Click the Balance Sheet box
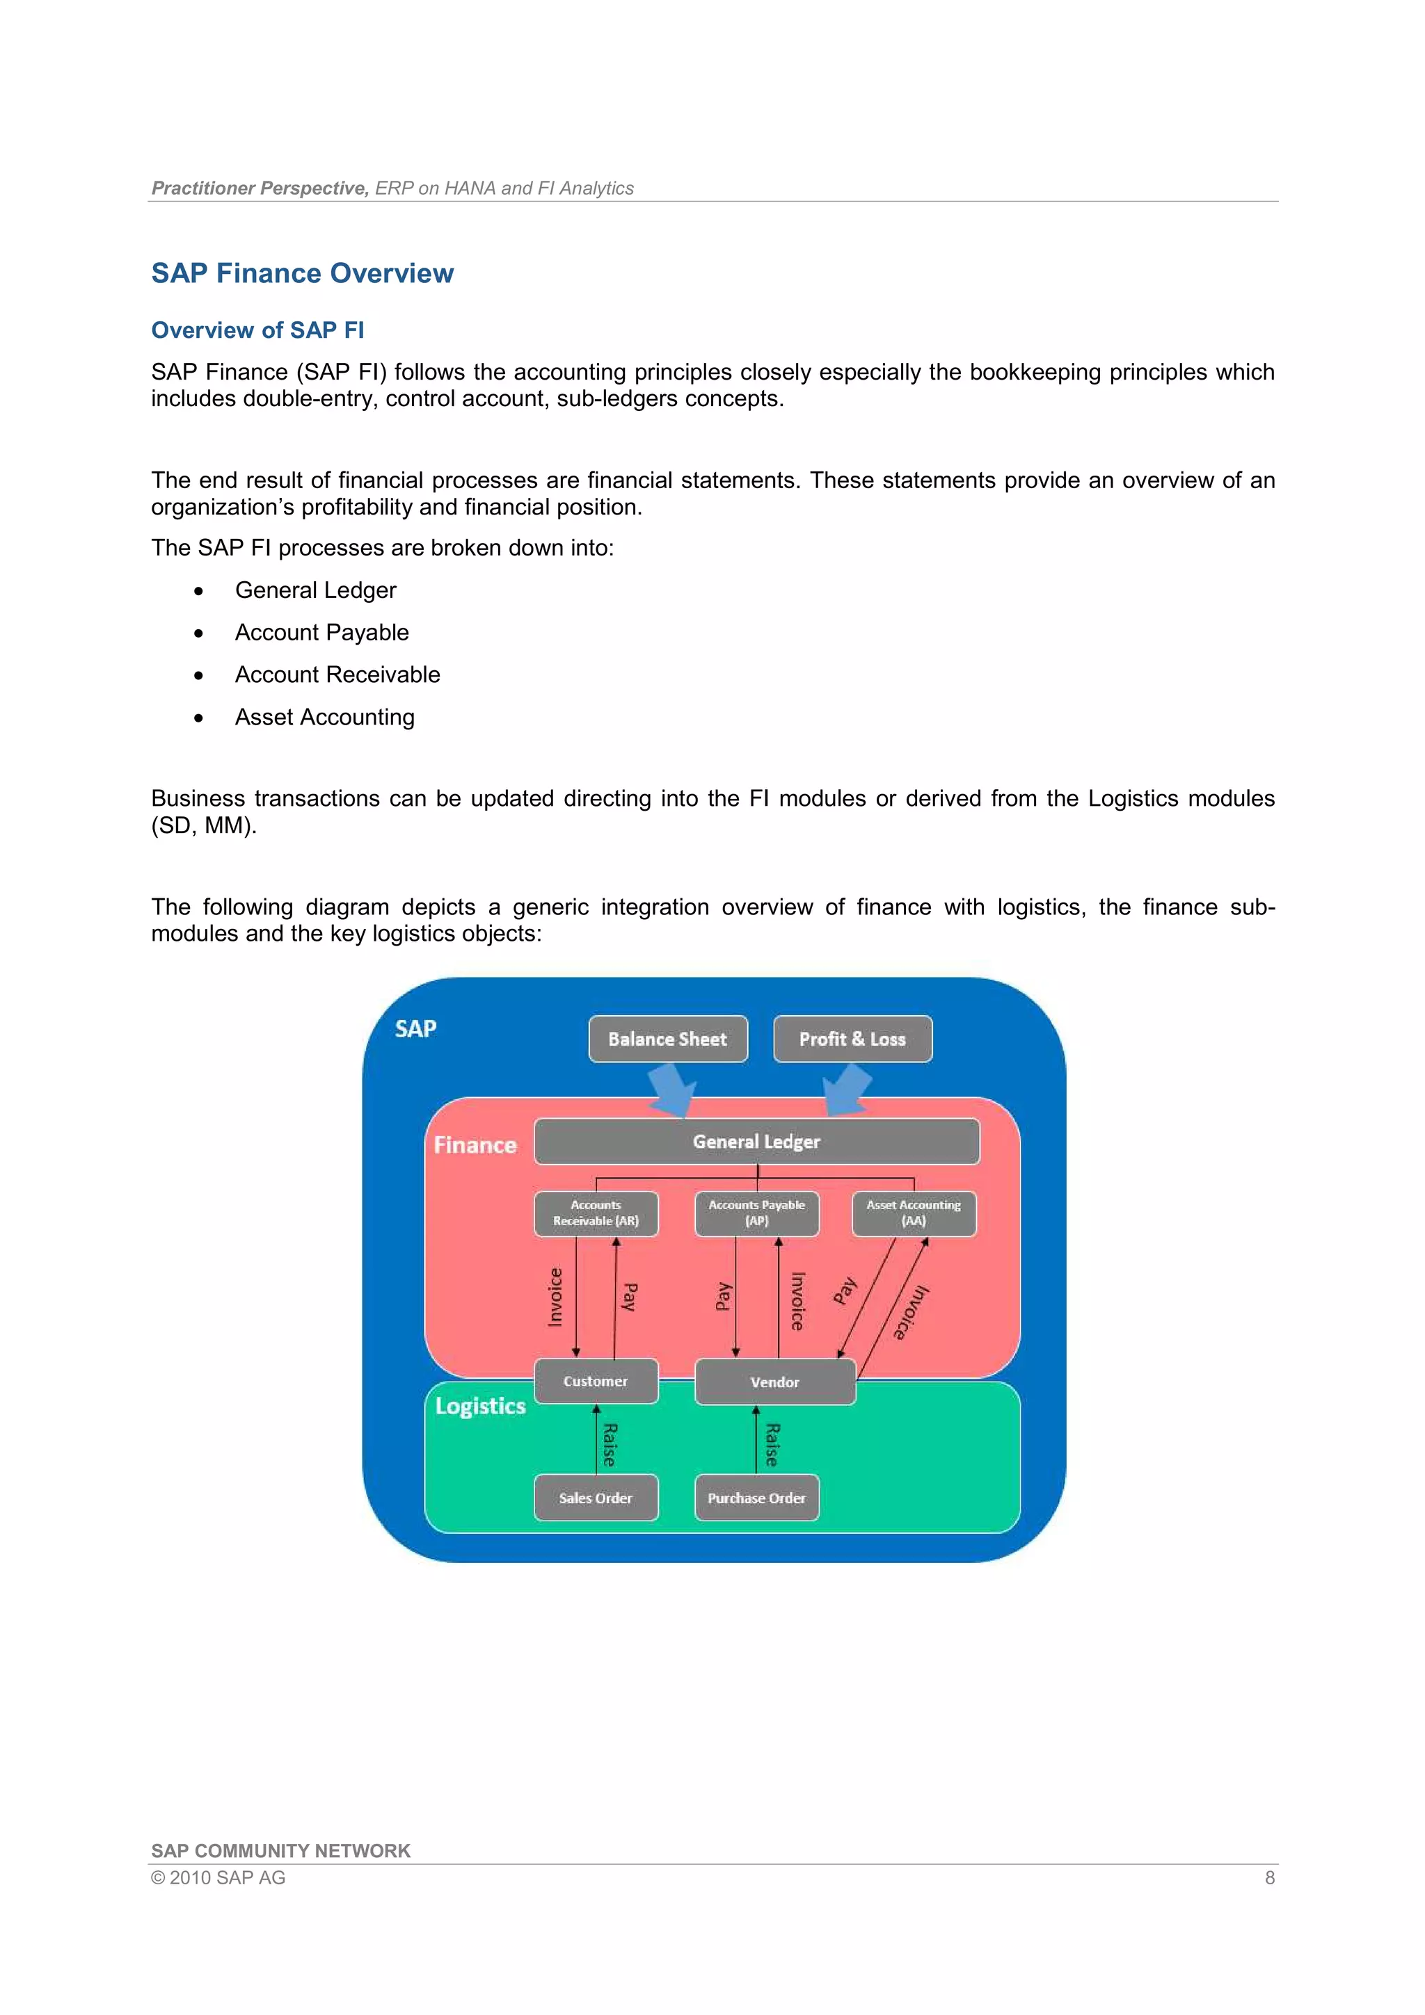tap(667, 1039)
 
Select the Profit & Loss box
tap(852, 1039)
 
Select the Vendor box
tap(774, 1382)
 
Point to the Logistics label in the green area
tap(480, 1406)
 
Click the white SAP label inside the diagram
tap(415, 1028)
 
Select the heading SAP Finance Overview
tap(302, 273)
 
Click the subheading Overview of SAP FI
tap(257, 330)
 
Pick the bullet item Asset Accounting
tap(324, 717)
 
